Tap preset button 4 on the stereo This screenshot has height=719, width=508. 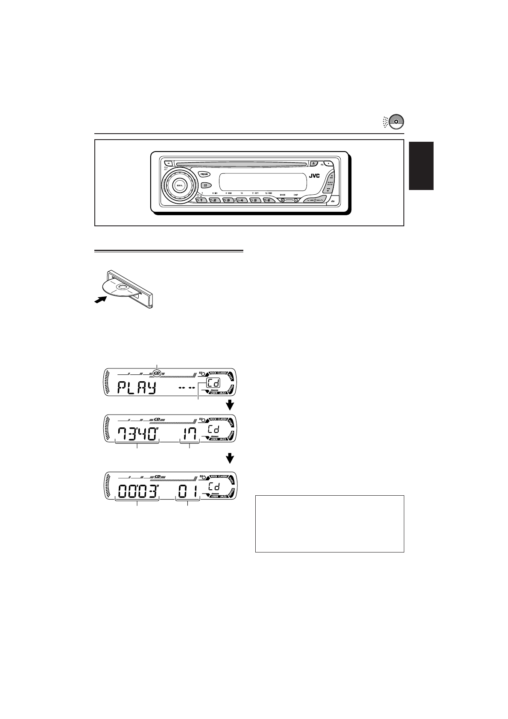242,200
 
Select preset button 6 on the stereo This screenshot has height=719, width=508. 269,200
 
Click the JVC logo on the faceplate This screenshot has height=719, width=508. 315,176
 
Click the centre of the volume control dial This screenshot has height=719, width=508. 179,185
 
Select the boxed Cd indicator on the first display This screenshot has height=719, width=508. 213,383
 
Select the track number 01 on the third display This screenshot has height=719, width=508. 189,491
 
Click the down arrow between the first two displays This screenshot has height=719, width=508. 230,404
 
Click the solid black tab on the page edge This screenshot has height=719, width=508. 421,166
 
